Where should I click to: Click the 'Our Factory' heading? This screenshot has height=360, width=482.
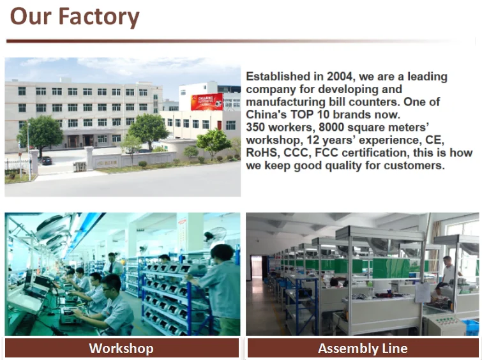point(75,17)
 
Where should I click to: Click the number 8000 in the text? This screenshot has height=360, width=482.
point(332,127)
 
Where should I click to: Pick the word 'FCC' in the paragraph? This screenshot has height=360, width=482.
point(326,153)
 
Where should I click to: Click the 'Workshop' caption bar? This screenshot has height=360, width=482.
point(122,348)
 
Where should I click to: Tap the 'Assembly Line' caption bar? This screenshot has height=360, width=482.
point(363,348)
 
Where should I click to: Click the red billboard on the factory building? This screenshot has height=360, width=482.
point(207,101)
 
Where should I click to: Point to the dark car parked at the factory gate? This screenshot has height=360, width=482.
point(46,160)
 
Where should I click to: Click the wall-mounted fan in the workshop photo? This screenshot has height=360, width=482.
point(215,236)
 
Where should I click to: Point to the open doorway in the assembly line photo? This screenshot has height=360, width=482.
point(257,267)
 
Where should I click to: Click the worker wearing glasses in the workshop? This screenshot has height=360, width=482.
point(114,304)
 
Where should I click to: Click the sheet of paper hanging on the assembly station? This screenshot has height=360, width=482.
point(423,292)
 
